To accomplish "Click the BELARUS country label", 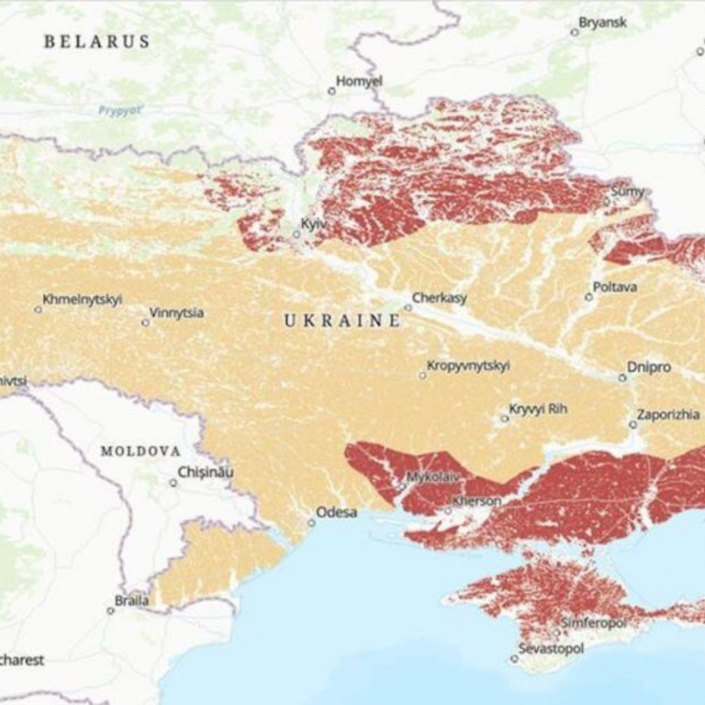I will (x=96, y=41).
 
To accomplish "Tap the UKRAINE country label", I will (x=341, y=320).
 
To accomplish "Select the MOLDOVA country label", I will (x=140, y=451).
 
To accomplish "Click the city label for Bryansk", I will (x=603, y=22).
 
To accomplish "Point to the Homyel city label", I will (x=359, y=81).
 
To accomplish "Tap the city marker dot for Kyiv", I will (x=297, y=234).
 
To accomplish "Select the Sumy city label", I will (x=628, y=192).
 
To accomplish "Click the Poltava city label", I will (x=615, y=286).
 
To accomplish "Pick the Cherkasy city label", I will (x=439, y=297).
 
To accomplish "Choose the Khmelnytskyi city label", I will (x=82, y=299).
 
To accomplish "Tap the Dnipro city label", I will (x=649, y=367).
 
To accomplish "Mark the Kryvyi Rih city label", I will (x=539, y=408).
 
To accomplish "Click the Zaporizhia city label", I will (x=670, y=414).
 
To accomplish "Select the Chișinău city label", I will (x=207, y=472).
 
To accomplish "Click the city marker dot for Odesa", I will (x=311, y=522).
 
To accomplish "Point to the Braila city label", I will (x=131, y=601).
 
